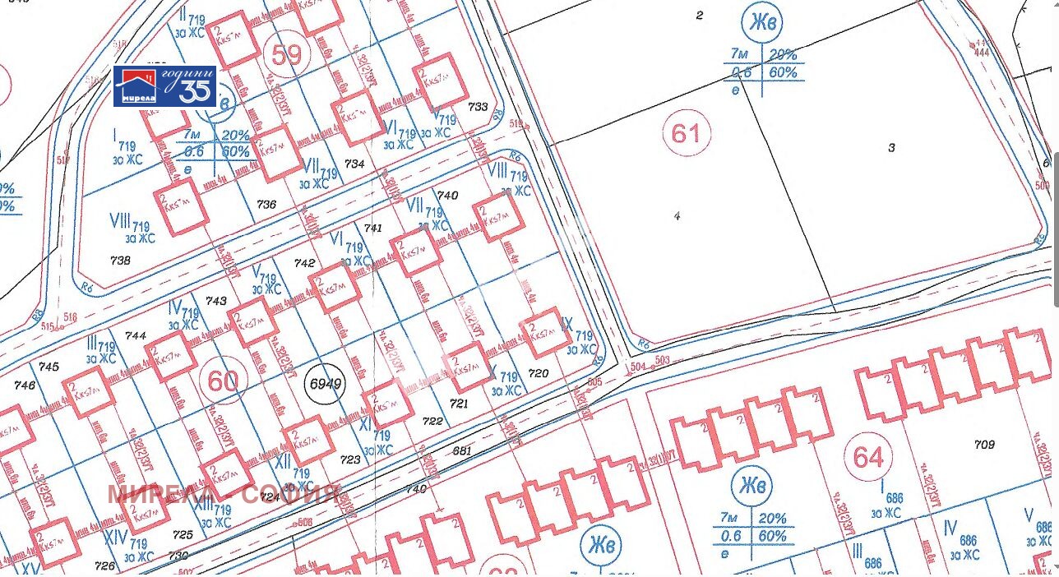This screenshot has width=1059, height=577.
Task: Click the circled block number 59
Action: [286, 55]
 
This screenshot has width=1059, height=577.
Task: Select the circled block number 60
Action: [222, 381]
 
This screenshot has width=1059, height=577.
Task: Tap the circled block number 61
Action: [686, 132]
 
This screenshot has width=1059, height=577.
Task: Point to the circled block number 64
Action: [868, 457]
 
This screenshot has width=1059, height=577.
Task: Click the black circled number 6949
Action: [325, 384]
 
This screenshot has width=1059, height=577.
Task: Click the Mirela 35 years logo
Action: [165, 86]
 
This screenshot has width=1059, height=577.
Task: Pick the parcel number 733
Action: [477, 107]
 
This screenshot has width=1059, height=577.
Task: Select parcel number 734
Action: [354, 164]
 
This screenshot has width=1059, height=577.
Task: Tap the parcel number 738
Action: [120, 260]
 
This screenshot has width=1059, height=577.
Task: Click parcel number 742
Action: [304, 263]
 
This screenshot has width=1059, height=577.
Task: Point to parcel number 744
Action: [136, 336]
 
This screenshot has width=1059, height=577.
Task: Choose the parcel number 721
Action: [459, 403]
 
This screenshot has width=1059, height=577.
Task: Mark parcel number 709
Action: [984, 445]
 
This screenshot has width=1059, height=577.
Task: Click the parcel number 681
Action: [462, 450]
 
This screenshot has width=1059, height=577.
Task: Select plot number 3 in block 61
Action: [891, 148]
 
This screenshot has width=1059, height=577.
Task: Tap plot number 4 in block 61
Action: [677, 216]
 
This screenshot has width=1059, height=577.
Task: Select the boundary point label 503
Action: [663, 360]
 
